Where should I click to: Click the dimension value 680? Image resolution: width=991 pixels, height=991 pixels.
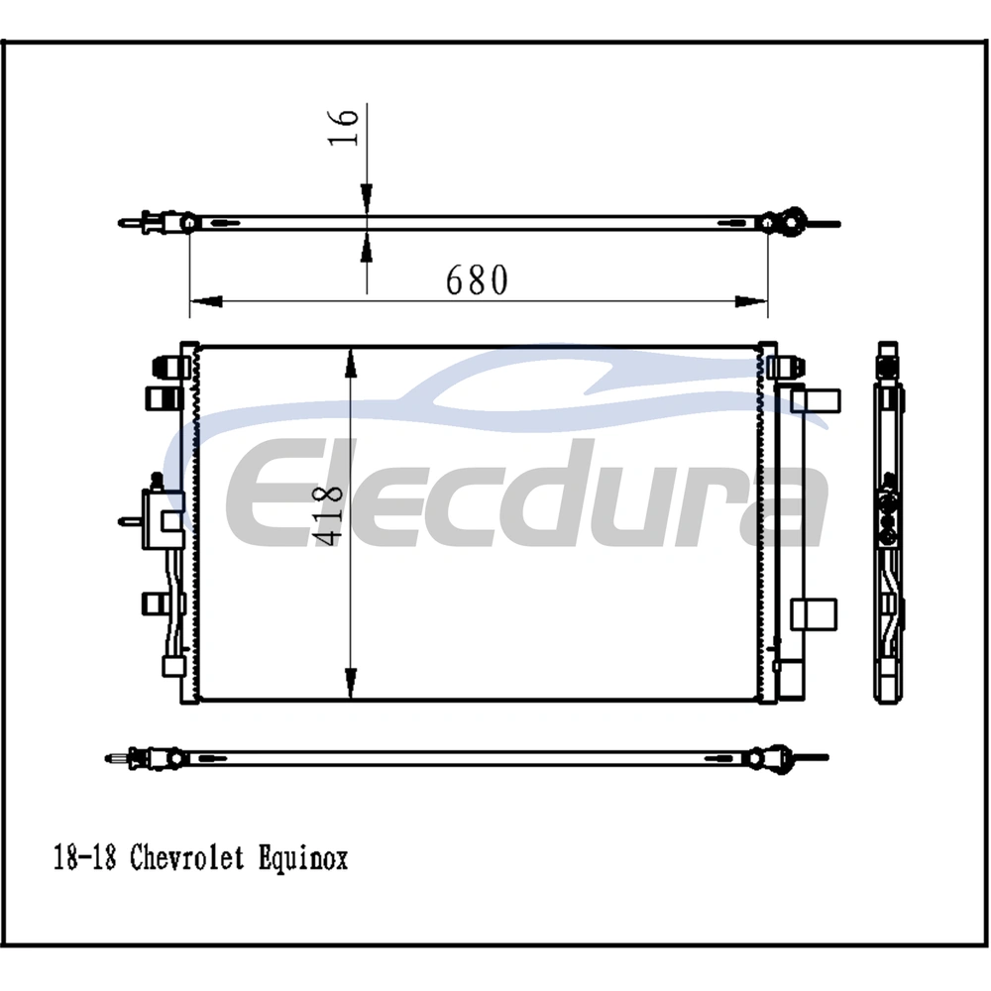point(477,280)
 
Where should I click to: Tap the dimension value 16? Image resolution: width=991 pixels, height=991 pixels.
point(344,127)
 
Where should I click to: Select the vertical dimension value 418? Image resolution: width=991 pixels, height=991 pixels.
point(328,515)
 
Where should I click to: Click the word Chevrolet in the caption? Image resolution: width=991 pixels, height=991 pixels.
point(187,858)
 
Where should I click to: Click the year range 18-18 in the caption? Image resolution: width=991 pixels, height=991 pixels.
point(84,858)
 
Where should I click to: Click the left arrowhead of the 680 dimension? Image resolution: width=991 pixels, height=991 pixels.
point(206,301)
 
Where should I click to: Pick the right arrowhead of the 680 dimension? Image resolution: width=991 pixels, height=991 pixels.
point(751,301)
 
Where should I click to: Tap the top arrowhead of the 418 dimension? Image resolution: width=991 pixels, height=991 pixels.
point(351,364)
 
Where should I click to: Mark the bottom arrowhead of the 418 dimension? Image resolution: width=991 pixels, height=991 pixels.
point(351,683)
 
